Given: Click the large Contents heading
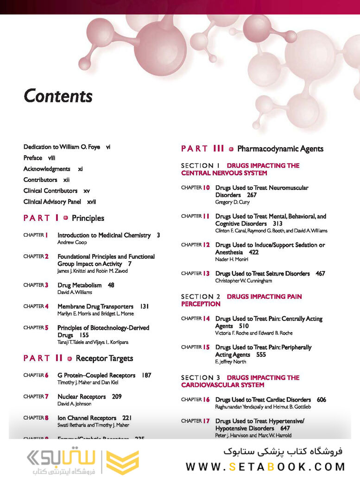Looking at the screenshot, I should tap(58, 96).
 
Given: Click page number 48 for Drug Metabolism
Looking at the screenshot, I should tap(111, 285).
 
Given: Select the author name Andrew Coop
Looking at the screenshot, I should tap(72, 243).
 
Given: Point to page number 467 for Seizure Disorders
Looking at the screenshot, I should tap(320, 274).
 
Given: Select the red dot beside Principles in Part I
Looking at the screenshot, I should tap(65, 218).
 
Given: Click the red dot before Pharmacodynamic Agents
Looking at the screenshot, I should tap(231, 149).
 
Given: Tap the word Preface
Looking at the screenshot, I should tap(33, 158).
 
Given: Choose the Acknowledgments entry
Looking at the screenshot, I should tap(47, 169).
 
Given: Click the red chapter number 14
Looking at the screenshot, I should tap(207, 319).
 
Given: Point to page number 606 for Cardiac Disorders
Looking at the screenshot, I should tap(322, 400).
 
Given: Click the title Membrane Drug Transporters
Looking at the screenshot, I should tap(95, 307).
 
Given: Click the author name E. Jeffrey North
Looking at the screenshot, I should tap(231, 362).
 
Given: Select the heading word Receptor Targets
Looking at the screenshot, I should tap(104, 358).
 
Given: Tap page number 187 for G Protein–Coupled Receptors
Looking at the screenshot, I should tap(146, 376).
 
